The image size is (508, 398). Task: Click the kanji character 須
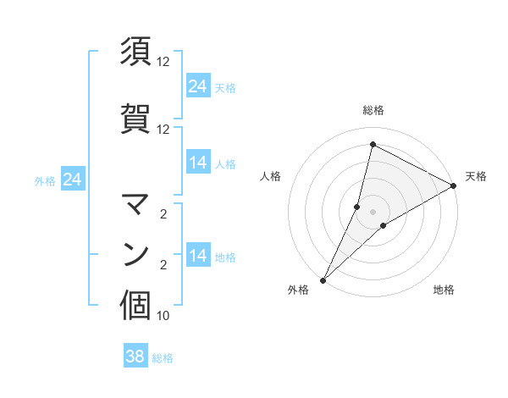click(x=135, y=53)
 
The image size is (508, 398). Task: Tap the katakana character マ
click(x=135, y=204)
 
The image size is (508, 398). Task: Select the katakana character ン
click(x=135, y=254)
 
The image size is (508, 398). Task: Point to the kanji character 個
click(x=135, y=306)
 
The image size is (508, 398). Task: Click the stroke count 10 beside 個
click(x=163, y=316)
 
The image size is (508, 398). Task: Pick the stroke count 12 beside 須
click(x=163, y=62)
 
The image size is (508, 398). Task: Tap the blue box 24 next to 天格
click(x=198, y=86)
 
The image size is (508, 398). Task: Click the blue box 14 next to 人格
click(x=198, y=163)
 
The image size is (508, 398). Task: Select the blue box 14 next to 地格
click(x=198, y=256)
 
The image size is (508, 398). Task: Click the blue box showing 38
click(x=135, y=357)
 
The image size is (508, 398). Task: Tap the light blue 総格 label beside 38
click(x=163, y=358)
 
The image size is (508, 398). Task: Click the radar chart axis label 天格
click(x=476, y=176)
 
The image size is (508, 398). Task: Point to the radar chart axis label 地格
click(x=444, y=290)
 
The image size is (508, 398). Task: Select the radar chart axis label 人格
click(x=270, y=176)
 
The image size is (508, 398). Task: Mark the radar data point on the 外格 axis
click(x=323, y=280)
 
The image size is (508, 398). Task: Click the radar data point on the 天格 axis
click(x=454, y=185)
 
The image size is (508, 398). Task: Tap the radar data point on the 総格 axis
click(x=373, y=145)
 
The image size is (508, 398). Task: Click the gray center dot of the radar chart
click(x=373, y=212)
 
